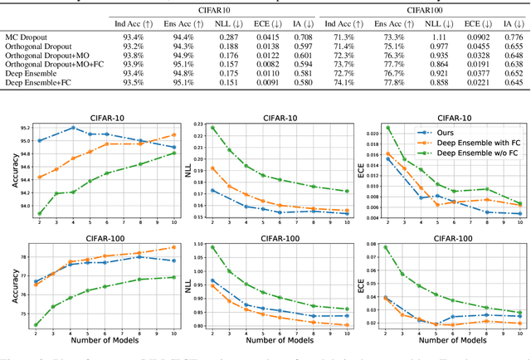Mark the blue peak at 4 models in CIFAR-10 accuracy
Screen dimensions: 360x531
[x=73, y=128]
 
